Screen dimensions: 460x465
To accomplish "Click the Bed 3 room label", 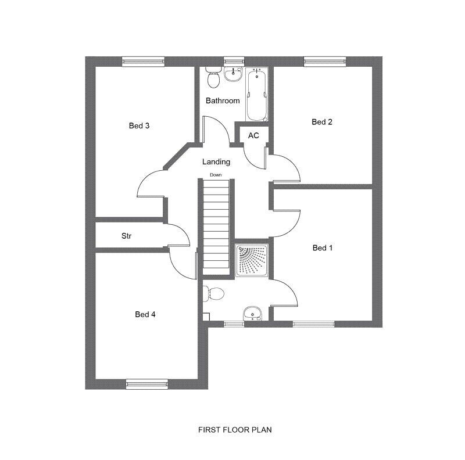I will (139, 125).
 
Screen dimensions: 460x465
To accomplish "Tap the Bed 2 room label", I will (322, 122).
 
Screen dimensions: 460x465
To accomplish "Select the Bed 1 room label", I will (323, 248).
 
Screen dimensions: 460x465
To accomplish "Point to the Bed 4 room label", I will (145, 314).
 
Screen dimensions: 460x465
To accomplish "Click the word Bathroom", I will (223, 100).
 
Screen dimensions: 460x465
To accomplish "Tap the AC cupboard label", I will (253, 135).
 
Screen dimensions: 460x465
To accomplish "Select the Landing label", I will (216, 162).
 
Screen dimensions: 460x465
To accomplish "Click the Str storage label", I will (126, 236).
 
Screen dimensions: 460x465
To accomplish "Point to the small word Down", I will (216, 175).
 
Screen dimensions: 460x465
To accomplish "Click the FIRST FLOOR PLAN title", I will (235, 430).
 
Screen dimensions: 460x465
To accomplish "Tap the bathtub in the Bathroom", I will (256, 94).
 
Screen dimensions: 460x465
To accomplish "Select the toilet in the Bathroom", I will (213, 78).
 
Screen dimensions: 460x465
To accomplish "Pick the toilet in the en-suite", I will (214, 293).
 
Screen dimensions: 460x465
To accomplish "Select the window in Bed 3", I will (143, 60).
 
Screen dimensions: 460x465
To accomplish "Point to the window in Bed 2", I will (324, 60).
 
